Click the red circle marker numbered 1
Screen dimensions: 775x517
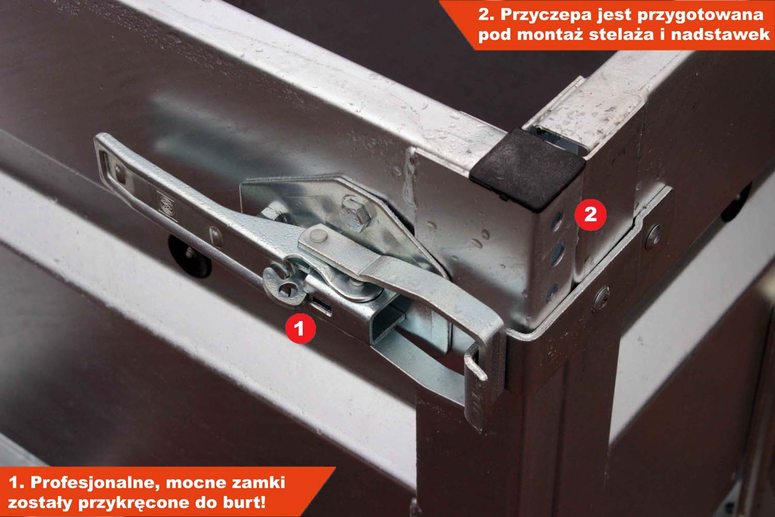tap(300, 328)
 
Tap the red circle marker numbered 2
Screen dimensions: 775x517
tap(590, 215)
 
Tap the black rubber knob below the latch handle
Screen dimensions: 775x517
tap(190, 256)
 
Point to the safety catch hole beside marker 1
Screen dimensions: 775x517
tap(287, 288)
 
